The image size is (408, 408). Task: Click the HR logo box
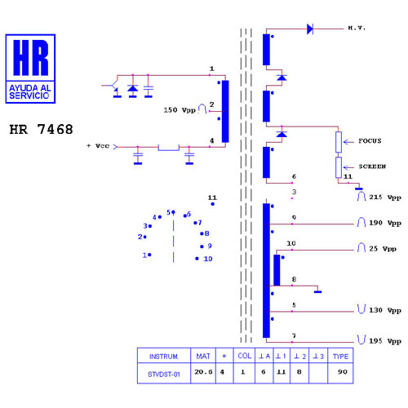pyautogui.click(x=30, y=69)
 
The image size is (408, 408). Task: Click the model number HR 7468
pyautogui.click(x=41, y=129)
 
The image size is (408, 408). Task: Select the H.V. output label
pyautogui.click(x=357, y=28)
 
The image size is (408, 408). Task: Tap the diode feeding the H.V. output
pyautogui.click(x=310, y=29)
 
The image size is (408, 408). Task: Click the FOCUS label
pyautogui.click(x=370, y=141)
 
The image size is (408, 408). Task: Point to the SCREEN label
pyautogui.click(x=372, y=166)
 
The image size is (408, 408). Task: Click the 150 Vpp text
pyautogui.click(x=180, y=110)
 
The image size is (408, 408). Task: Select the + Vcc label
pyautogui.click(x=98, y=146)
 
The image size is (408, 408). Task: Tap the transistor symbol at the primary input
pyautogui.click(x=113, y=87)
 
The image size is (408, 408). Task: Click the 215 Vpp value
pyautogui.click(x=385, y=197)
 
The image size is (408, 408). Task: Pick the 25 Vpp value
pyautogui.click(x=383, y=249)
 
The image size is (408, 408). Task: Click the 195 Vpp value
pyautogui.click(x=385, y=341)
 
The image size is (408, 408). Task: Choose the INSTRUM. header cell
pyautogui.click(x=164, y=357)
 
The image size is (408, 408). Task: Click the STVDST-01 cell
pyautogui.click(x=164, y=375)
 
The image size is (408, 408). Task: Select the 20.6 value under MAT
pyautogui.click(x=203, y=371)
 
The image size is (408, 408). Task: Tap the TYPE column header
pyautogui.click(x=340, y=357)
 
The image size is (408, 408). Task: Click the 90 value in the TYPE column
pyautogui.click(x=343, y=371)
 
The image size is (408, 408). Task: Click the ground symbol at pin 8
pyautogui.click(x=317, y=292)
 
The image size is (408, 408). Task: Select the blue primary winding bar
pyautogui.click(x=225, y=112)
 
